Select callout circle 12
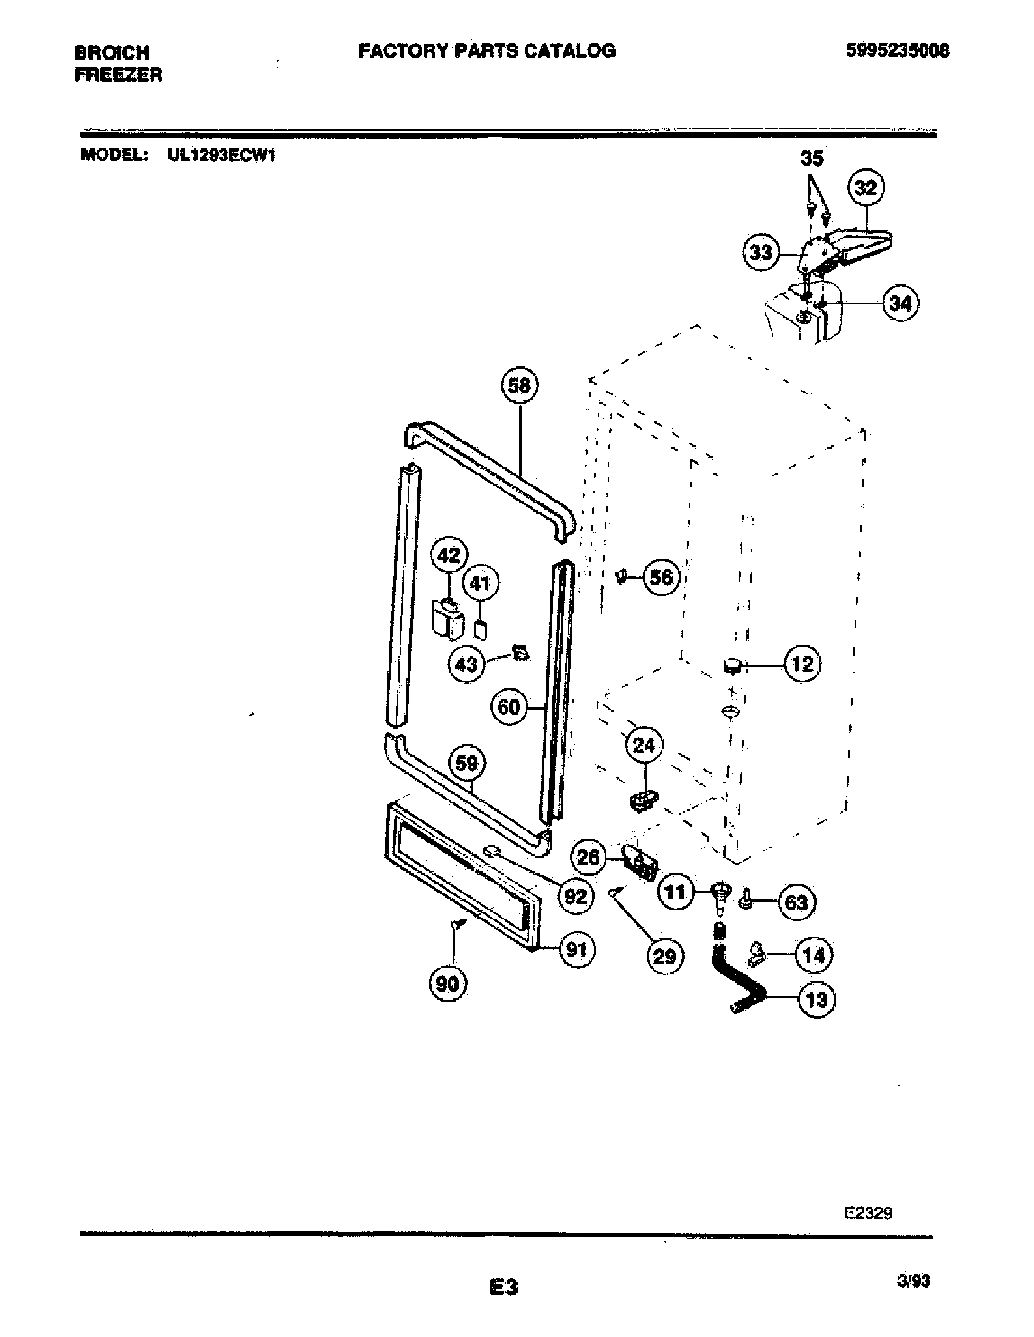(x=802, y=664)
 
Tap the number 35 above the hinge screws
(x=811, y=159)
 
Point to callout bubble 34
(x=900, y=303)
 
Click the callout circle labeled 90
(x=448, y=984)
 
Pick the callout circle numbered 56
(x=661, y=577)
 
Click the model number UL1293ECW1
(x=222, y=156)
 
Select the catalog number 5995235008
(x=897, y=50)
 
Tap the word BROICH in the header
(x=111, y=52)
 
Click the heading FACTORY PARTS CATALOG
(x=487, y=50)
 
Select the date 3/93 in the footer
(x=913, y=1280)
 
